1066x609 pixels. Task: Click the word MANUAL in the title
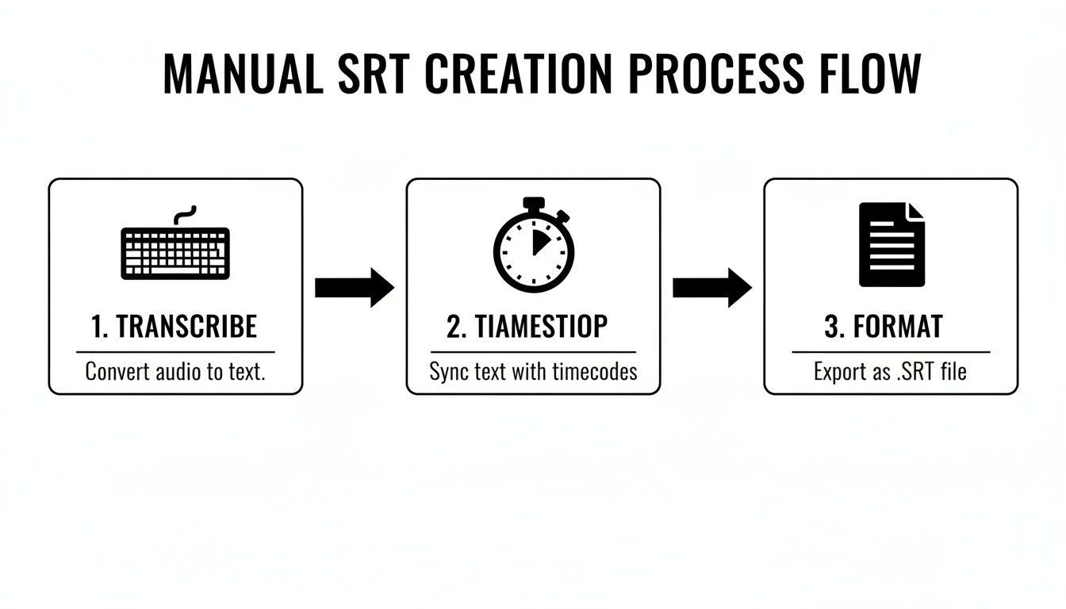pos(242,74)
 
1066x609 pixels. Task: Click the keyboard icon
pos(175,252)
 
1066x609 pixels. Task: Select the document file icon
pos(892,244)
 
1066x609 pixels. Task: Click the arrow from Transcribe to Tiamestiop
pos(354,287)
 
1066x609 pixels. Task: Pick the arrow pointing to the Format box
pos(711,287)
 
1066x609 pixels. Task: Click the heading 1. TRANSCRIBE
pos(174,327)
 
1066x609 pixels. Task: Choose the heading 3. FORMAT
pos(884,327)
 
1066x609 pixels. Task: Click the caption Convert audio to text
pos(174,371)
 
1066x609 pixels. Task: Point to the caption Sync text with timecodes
pos(533,371)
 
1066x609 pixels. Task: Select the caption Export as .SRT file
pos(890,371)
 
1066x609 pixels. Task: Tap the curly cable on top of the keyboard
pos(184,216)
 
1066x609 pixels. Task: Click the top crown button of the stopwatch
pos(534,203)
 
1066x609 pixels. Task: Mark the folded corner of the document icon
pos(916,212)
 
